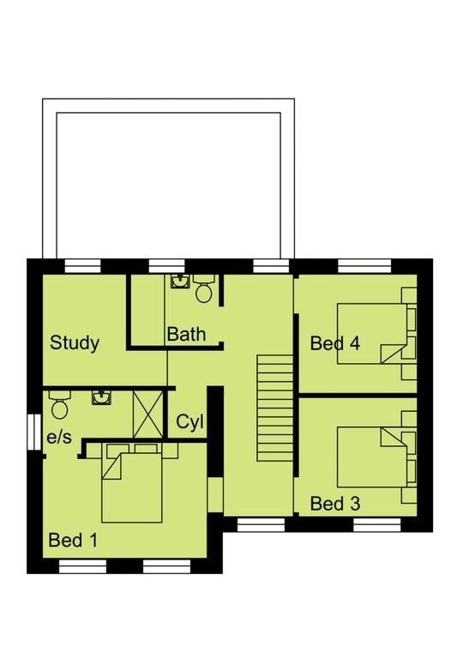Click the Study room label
point(75,343)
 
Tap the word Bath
point(186,335)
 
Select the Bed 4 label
point(335,343)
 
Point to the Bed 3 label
point(335,504)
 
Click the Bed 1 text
point(73,540)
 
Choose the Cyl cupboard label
point(189,422)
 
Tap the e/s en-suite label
point(59,438)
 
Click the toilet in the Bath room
point(204,288)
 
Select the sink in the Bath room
point(181,281)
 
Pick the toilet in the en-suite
point(60,405)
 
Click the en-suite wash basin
point(102,397)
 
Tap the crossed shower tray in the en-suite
point(147,414)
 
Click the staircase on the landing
point(275,408)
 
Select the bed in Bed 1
point(132,487)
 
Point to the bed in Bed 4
point(372,334)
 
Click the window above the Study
point(82,266)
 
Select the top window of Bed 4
point(364,266)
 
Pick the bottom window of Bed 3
point(377,525)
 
